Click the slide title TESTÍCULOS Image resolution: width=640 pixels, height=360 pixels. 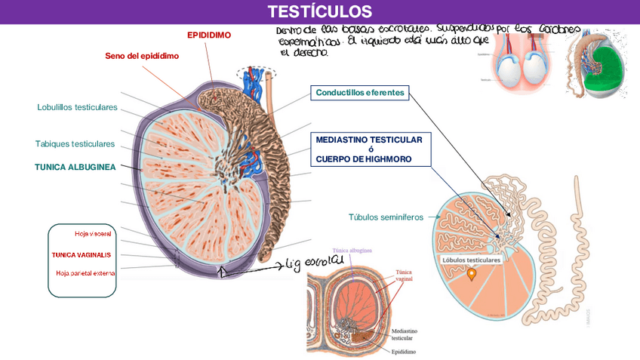click(x=319, y=11)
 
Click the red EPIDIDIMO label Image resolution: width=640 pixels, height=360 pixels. click(x=209, y=35)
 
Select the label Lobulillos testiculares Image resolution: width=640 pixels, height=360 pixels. click(x=77, y=107)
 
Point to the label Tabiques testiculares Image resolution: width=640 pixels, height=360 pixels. click(x=75, y=143)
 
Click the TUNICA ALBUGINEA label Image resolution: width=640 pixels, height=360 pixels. click(x=75, y=168)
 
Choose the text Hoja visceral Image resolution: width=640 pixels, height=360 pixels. click(x=93, y=234)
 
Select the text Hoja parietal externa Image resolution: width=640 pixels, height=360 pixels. click(x=85, y=272)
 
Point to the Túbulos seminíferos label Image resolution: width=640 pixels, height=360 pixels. click(x=380, y=217)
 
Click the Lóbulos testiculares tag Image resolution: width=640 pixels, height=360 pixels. click(x=472, y=260)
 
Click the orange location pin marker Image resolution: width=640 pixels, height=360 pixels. click(x=472, y=275)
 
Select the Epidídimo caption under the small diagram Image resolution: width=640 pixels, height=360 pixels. click(x=406, y=351)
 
